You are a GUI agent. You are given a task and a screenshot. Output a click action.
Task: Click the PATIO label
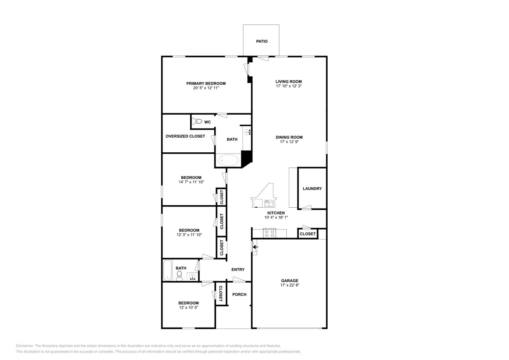262,41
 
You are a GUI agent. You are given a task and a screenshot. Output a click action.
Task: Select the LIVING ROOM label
288,81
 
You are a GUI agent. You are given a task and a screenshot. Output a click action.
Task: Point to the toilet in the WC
197,122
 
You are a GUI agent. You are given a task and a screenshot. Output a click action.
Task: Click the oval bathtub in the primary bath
229,160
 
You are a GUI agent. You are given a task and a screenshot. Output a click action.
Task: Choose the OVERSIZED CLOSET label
185,136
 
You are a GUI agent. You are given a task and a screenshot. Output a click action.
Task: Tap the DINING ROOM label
289,137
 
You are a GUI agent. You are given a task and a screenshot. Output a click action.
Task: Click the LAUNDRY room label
312,189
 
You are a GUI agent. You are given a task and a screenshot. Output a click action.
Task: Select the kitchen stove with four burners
270,233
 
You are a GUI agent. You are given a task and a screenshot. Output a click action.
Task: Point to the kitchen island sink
270,202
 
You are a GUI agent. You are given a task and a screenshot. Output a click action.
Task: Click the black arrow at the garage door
256,247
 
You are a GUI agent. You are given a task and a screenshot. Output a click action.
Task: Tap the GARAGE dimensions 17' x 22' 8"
289,286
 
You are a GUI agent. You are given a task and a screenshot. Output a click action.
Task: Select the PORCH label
239,294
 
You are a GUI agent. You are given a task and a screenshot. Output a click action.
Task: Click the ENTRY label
238,270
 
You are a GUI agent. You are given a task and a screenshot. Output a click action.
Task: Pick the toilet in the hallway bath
180,275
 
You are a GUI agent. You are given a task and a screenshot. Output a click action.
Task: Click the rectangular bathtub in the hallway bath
168,270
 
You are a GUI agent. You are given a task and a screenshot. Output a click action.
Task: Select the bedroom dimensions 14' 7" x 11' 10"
191,182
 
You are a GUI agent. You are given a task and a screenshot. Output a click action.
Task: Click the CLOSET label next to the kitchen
308,234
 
